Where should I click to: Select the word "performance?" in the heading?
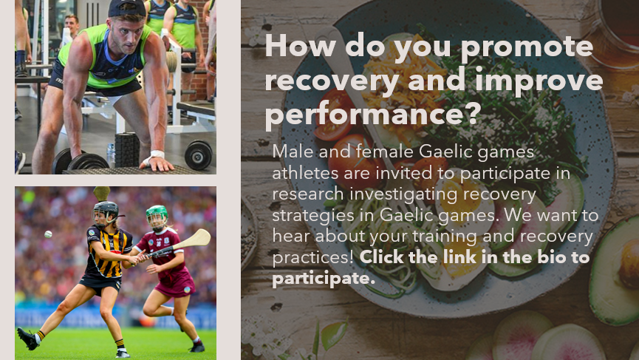[x=373, y=115]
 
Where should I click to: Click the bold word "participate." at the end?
[x=324, y=279]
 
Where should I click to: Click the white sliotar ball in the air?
[x=48, y=234]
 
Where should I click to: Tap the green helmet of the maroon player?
[x=156, y=214]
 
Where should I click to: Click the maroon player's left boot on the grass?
[x=197, y=346]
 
